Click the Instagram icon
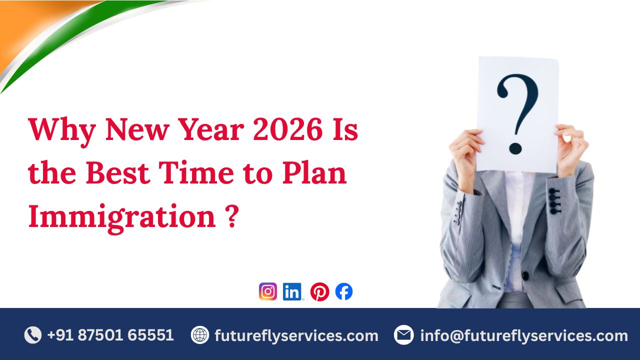pos(268,291)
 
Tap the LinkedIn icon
pos(292,291)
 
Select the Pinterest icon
pos(319,291)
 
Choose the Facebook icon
pos(344,291)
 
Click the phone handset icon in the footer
pos(33,335)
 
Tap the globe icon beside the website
pos(200,335)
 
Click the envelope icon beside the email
pos(403,335)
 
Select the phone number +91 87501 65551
pos(110,335)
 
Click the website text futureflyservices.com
pos(296,335)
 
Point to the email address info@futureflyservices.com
pos(523,335)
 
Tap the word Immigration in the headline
pos(121,217)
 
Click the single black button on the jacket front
pos(525,275)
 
